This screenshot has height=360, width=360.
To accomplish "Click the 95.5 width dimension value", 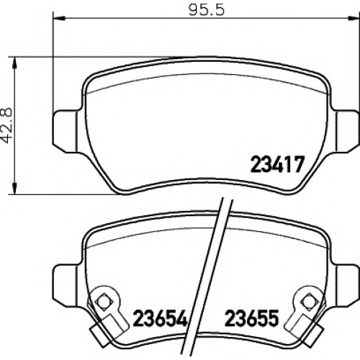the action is tap(207, 10).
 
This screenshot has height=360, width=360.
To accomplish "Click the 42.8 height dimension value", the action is tap(6, 126).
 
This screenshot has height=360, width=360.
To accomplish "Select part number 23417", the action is tap(277, 164).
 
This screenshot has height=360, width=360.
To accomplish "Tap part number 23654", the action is tap(160, 318).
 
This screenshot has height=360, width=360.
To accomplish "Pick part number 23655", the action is tap(252, 318).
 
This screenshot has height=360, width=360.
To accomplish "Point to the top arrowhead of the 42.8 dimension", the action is tap(15, 63).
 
